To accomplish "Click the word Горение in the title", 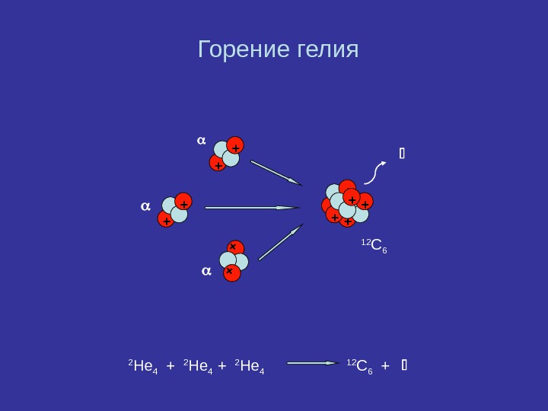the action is click(243, 50).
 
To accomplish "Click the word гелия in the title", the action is click(326, 50).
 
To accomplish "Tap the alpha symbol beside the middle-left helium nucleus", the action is click(145, 205).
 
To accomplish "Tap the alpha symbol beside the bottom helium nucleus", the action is click(205, 270).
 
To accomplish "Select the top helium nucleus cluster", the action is click(227, 155).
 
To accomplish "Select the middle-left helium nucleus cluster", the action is click(174, 210).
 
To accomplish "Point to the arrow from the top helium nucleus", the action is click(276, 173).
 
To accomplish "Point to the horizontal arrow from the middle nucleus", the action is click(252, 207).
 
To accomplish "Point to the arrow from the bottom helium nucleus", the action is click(280, 243).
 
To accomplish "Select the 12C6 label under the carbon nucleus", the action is click(374, 245).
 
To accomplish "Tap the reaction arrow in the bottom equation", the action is click(312, 363).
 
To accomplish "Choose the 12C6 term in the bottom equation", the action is click(359, 366).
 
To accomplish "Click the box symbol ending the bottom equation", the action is click(404, 365).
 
